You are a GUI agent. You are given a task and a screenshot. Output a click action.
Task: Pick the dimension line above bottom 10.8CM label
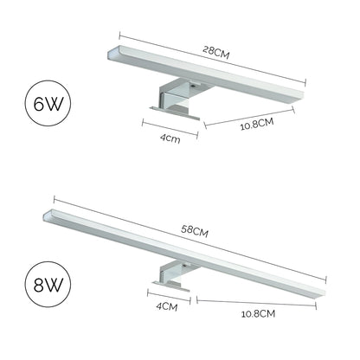(x=260, y=300)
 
